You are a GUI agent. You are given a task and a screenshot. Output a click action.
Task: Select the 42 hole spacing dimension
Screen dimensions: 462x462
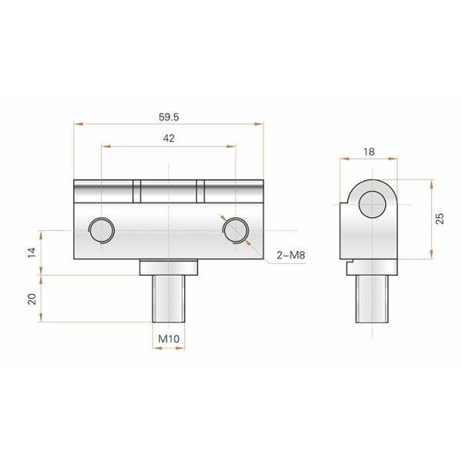pyautogui.click(x=169, y=139)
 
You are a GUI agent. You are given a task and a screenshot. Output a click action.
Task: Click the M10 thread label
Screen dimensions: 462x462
pyautogui.click(x=169, y=339)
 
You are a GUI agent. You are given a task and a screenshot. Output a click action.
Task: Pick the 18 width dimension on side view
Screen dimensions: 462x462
pyautogui.click(x=369, y=152)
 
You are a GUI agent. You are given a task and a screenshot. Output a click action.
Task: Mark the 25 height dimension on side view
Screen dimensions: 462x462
pyautogui.click(x=439, y=218)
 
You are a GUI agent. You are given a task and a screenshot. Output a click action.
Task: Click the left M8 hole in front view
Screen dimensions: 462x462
pyautogui.click(x=102, y=229)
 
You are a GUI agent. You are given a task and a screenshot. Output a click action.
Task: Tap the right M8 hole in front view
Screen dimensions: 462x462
pyautogui.click(x=235, y=229)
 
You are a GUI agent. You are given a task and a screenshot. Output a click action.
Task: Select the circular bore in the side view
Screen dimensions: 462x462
pyautogui.click(x=373, y=204)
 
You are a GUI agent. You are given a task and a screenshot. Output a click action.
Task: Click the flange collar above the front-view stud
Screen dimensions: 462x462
pyautogui.click(x=169, y=267)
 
